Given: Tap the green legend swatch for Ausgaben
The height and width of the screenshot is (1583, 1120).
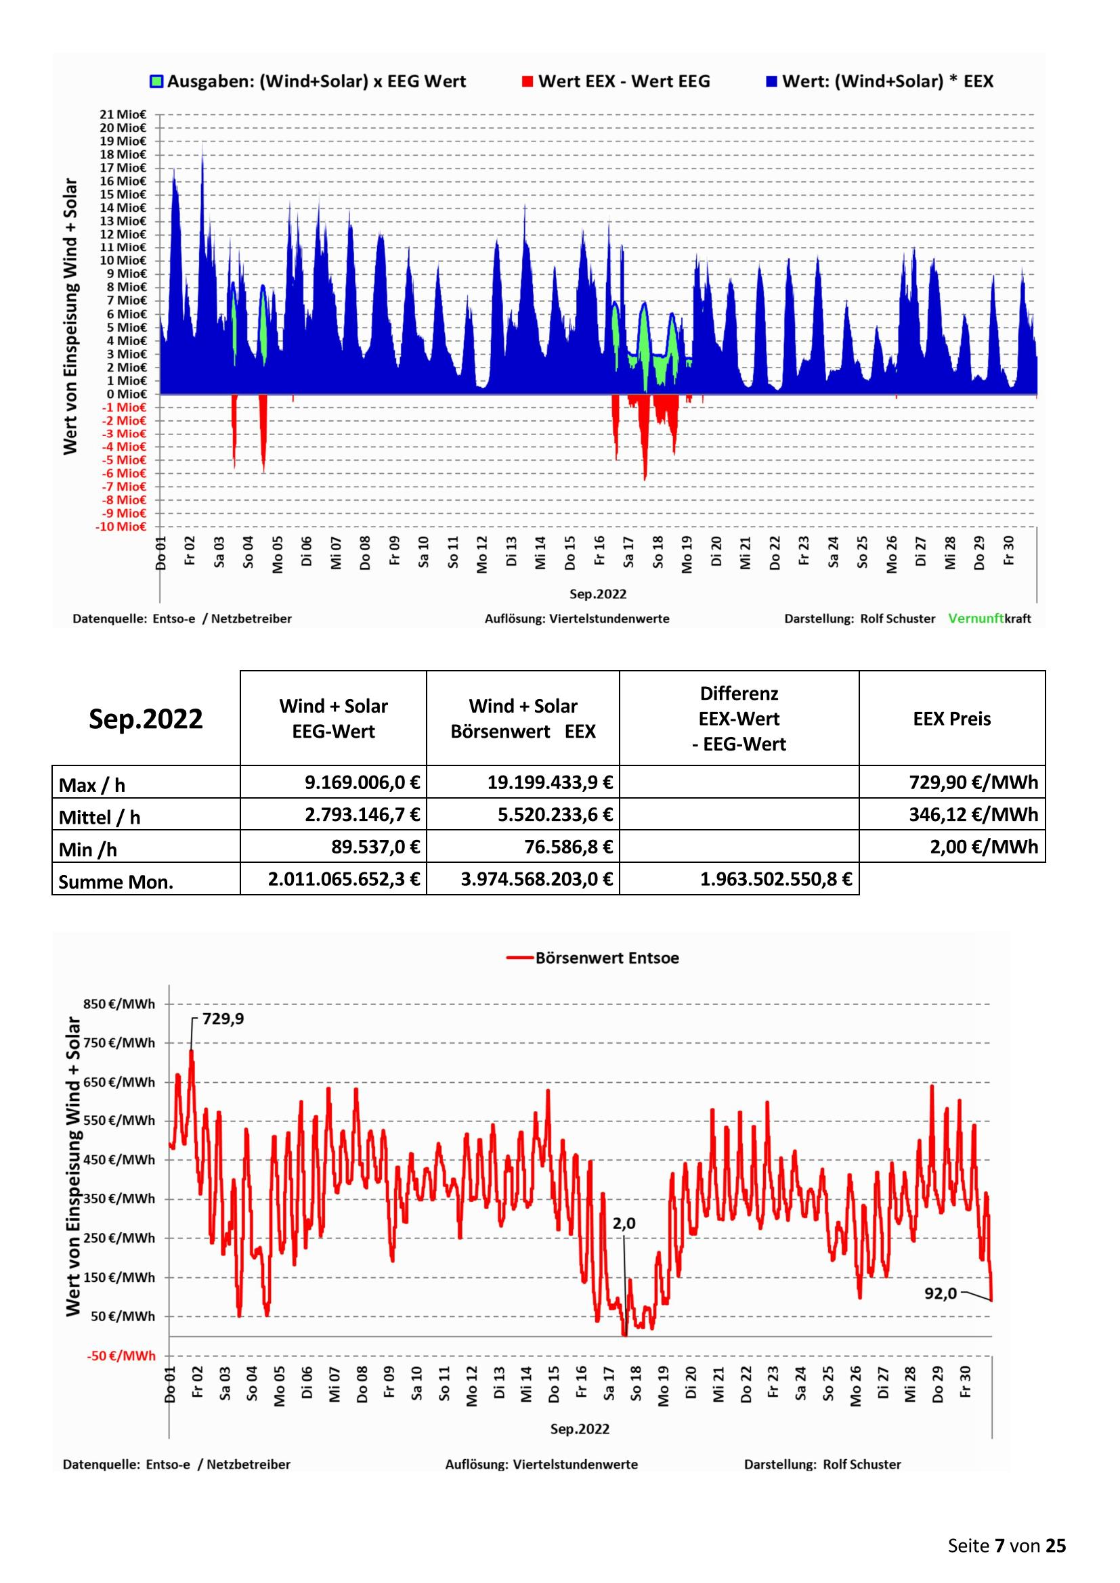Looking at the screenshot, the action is tap(156, 81).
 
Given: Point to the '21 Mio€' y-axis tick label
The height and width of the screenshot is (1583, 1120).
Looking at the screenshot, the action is tap(123, 114).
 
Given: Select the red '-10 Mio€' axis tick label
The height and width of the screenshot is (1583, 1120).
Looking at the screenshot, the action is tap(121, 527).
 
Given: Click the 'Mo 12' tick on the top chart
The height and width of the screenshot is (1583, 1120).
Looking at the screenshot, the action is tap(482, 554).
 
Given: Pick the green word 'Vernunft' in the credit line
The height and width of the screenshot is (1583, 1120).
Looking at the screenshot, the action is tap(976, 619).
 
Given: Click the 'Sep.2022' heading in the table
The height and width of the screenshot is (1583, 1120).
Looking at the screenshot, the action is tap(146, 719).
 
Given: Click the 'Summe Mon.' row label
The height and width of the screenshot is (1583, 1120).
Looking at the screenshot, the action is tap(116, 882).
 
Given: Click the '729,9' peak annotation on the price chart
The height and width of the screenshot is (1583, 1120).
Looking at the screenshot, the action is tap(223, 1019).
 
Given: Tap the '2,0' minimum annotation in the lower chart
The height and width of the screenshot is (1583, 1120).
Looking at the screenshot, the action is tap(624, 1223).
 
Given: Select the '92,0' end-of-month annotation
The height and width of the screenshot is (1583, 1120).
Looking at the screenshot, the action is tap(941, 1293).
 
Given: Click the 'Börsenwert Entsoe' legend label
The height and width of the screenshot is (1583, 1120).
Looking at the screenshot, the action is tap(607, 958).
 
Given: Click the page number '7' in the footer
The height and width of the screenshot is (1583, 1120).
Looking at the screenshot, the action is tap(999, 1546).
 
